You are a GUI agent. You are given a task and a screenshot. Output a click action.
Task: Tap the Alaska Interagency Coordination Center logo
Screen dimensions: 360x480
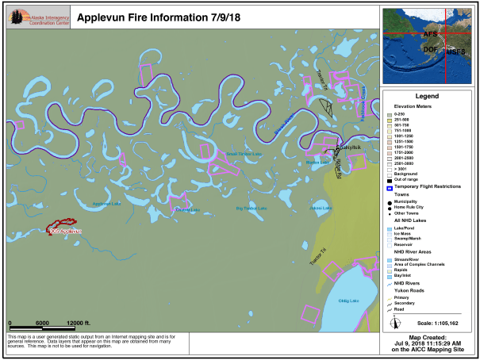[x=37, y=18]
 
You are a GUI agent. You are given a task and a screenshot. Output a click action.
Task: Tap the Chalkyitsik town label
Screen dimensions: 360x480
[x=348, y=147]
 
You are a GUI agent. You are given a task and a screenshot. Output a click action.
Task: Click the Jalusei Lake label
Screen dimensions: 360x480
[x=321, y=208]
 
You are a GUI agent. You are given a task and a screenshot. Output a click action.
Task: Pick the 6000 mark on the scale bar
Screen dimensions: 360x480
[x=43, y=323]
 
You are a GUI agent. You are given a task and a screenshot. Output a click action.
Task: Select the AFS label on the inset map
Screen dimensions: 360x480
[x=430, y=35]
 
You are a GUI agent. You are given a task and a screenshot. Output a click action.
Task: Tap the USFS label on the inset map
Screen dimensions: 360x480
[x=455, y=52]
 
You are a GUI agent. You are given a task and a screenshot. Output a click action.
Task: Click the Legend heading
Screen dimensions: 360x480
[x=428, y=95]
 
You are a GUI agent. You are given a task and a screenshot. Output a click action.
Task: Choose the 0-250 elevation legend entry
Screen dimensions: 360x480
[x=404, y=114]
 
